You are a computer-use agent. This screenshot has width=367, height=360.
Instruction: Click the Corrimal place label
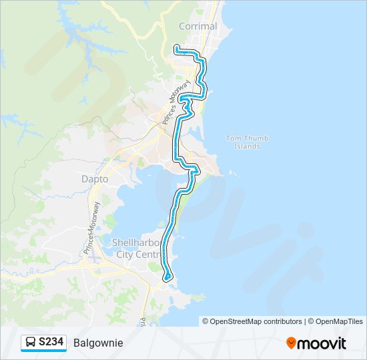(x=198, y=27)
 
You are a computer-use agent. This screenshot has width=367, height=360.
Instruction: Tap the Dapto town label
(x=94, y=179)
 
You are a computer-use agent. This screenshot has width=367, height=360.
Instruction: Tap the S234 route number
(x=51, y=342)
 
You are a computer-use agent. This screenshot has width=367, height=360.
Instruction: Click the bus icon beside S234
(x=31, y=342)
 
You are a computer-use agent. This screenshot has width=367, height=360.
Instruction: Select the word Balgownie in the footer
(x=98, y=343)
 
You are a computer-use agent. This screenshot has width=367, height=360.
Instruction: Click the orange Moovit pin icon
(x=291, y=343)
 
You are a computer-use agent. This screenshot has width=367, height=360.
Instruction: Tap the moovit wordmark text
(x=322, y=343)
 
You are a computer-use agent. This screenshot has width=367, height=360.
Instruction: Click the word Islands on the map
(x=247, y=146)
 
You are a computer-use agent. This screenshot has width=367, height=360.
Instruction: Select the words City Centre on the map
(x=138, y=254)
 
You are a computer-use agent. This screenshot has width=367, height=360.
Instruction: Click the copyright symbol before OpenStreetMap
(x=206, y=321)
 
